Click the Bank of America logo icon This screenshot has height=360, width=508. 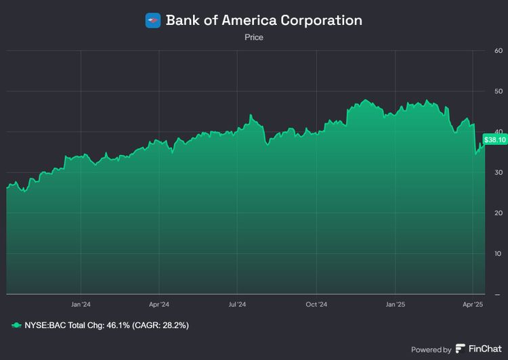(x=153, y=20)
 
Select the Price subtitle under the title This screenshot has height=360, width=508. (x=254, y=38)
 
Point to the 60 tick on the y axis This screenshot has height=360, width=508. (x=499, y=51)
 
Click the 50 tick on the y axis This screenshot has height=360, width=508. (x=499, y=91)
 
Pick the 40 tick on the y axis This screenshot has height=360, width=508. (x=499, y=132)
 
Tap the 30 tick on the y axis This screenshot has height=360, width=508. (x=499, y=173)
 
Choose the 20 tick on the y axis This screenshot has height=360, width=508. (x=499, y=213)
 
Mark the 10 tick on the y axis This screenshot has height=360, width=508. (x=499, y=254)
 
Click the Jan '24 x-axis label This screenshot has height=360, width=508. (x=81, y=305)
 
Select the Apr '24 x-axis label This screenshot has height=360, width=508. (x=159, y=305)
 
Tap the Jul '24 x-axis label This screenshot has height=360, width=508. (x=238, y=305)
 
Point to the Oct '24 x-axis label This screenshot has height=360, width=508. (x=316, y=305)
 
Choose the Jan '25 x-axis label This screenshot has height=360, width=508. (x=396, y=305)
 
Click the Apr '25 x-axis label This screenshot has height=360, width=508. (x=473, y=305)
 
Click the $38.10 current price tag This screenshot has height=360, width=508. (x=494, y=140)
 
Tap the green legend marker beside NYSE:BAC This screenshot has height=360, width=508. (x=16, y=325)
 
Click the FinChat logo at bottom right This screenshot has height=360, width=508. (x=478, y=349)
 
